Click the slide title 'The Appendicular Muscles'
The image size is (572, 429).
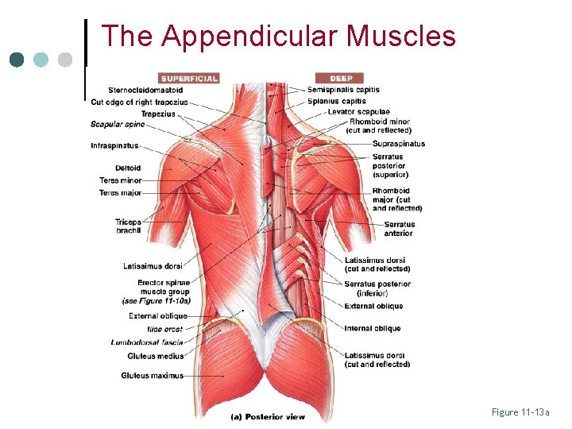tap(279, 37)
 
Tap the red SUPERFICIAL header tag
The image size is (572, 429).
tap(188, 78)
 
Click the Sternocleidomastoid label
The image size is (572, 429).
tap(146, 91)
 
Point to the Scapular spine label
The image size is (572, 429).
tap(118, 124)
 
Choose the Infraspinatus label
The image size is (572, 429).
tap(115, 146)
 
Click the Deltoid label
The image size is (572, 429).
tap(127, 168)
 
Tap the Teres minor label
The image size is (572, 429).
tap(120, 180)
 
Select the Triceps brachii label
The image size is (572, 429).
tap(128, 226)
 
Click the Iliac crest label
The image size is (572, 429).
tap(165, 329)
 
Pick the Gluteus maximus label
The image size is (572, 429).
tap(153, 375)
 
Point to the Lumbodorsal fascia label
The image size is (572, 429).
tap(147, 342)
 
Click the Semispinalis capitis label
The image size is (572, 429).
tap(343, 90)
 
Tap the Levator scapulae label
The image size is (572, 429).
tap(358, 112)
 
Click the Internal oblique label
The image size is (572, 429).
tap(373, 328)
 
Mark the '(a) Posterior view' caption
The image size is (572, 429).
tap(267, 416)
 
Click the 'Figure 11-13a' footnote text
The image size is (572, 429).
tap(520, 412)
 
